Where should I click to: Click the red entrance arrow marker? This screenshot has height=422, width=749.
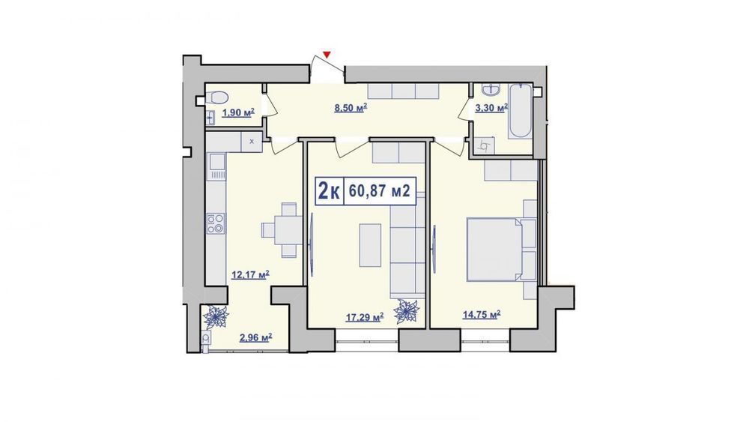[327, 55]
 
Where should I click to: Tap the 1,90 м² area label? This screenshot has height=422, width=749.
[238, 112]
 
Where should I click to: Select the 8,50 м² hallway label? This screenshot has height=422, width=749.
[351, 107]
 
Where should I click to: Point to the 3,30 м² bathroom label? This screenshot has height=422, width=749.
[491, 109]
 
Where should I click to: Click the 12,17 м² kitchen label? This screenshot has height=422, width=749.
[250, 275]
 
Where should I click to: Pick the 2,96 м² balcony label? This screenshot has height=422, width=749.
[256, 338]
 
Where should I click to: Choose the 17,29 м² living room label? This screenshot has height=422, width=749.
[365, 317]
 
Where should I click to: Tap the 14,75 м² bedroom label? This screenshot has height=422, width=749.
[482, 315]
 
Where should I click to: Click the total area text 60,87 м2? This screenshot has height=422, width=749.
[380, 191]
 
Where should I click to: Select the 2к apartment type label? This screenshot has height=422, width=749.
[329, 192]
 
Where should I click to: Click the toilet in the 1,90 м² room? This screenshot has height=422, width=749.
[216, 97]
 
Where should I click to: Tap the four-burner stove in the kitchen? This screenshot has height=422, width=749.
[216, 223]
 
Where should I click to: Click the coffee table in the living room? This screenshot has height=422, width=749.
[370, 244]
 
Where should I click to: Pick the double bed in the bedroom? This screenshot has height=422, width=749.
[494, 249]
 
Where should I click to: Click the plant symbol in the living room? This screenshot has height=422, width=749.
[407, 312]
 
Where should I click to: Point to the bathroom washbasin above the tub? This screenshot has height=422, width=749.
[491, 89]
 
